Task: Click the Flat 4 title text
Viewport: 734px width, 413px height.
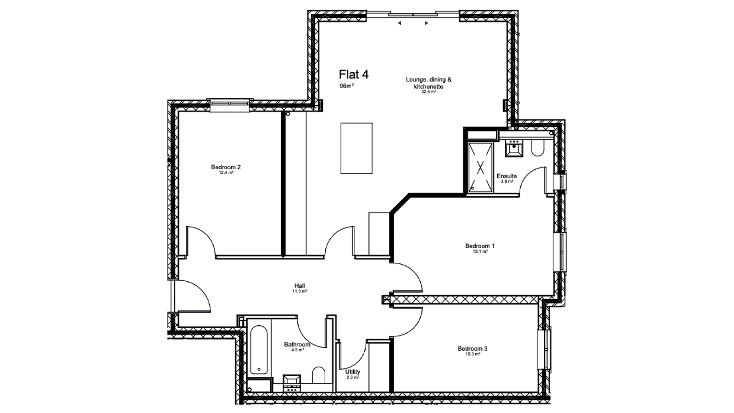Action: click(x=354, y=74)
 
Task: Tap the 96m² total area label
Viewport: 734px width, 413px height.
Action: click(x=346, y=86)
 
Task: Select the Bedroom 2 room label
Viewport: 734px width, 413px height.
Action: click(x=226, y=167)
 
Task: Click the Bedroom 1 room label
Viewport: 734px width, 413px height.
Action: click(x=479, y=246)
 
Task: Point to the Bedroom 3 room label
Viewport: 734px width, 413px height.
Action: click(x=473, y=349)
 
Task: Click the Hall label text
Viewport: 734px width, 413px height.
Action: click(x=300, y=286)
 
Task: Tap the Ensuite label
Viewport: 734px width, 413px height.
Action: click(x=506, y=176)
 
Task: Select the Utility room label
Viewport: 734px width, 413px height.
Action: click(x=353, y=372)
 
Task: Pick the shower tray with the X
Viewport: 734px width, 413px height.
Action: click(x=480, y=167)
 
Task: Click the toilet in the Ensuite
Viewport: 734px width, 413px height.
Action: click(x=537, y=148)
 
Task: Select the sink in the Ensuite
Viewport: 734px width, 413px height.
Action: click(x=514, y=148)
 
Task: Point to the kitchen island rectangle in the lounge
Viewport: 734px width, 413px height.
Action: click(x=356, y=148)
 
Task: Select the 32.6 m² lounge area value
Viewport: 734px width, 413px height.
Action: click(x=428, y=92)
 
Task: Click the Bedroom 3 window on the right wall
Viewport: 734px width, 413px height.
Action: click(x=545, y=348)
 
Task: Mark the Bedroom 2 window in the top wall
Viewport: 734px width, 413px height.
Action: click(x=229, y=103)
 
